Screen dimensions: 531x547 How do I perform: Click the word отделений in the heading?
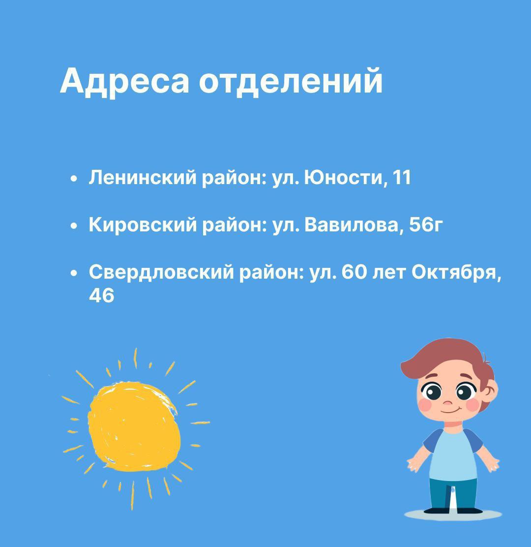pyautogui.click(x=291, y=81)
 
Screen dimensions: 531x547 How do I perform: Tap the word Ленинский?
pyautogui.click(x=143, y=177)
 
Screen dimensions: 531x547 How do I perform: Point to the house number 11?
pyautogui.click(x=402, y=177)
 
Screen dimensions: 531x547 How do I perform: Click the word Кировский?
pyautogui.click(x=143, y=225)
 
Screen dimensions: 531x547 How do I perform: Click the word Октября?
pyautogui.click(x=456, y=272)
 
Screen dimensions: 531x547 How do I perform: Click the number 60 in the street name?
pyautogui.click(x=354, y=272)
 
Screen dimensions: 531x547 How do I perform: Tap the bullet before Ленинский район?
pyautogui.click(x=73, y=179)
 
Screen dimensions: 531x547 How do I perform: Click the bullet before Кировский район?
pyautogui.click(x=73, y=226)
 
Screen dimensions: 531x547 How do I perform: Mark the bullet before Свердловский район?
pyautogui.click(x=73, y=274)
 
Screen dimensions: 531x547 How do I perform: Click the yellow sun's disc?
pyautogui.click(x=135, y=426)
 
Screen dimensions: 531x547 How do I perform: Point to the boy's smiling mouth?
pyautogui.click(x=449, y=411)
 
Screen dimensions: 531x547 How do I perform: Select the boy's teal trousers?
pyautogui.click(x=453, y=494)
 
